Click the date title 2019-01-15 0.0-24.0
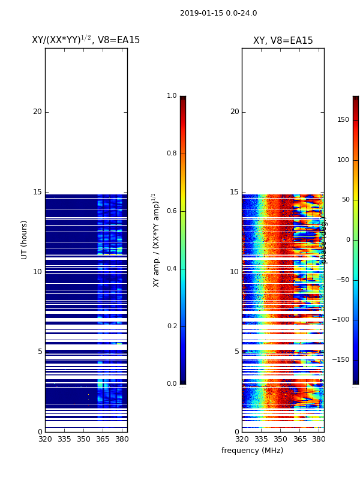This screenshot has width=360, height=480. (x=218, y=13)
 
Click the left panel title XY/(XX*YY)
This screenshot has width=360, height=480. (x=86, y=40)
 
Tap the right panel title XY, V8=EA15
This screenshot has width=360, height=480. (x=283, y=41)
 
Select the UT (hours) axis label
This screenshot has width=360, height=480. (x=25, y=239)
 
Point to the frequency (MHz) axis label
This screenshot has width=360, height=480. (x=252, y=451)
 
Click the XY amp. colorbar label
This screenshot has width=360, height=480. (x=157, y=239)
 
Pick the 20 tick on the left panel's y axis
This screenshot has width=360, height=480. (x=37, y=112)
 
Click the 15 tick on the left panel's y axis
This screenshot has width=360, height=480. (x=37, y=192)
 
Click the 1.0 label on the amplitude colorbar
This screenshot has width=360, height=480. (x=172, y=96)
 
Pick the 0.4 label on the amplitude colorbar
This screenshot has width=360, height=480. (x=172, y=269)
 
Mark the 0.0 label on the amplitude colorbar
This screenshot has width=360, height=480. (x=172, y=384)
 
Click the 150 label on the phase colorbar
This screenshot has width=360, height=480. (x=343, y=120)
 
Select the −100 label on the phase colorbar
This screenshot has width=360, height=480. (x=341, y=320)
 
